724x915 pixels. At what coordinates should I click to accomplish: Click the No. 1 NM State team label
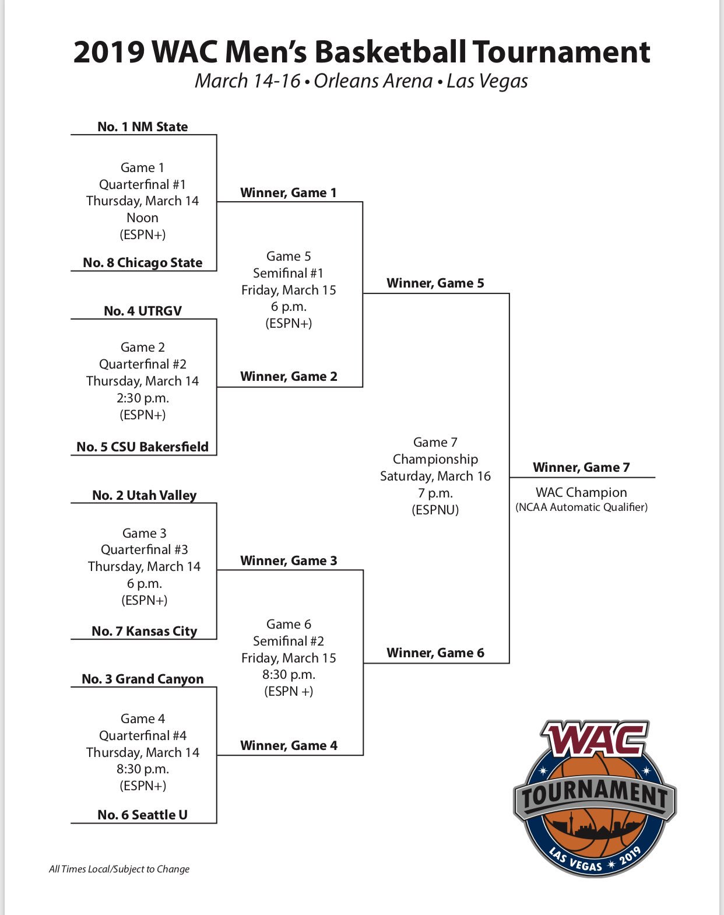click(142, 127)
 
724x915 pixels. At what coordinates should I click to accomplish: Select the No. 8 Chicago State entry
click(142, 262)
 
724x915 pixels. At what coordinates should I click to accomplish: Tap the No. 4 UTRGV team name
click(142, 311)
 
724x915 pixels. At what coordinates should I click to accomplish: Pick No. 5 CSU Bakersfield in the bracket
click(142, 447)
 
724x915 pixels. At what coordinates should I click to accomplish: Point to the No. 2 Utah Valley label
click(144, 495)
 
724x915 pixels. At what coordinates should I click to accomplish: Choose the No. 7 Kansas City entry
click(144, 631)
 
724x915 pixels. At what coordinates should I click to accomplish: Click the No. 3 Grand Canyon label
click(142, 679)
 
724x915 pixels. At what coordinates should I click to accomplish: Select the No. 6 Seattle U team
click(142, 815)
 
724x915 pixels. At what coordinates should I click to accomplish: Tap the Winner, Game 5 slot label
click(435, 283)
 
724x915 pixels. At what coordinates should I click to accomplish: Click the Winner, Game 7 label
click(581, 467)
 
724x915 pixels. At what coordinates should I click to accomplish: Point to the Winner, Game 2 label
click(289, 376)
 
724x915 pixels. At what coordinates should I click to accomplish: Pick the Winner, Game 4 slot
click(289, 745)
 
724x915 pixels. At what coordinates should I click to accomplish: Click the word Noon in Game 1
click(142, 218)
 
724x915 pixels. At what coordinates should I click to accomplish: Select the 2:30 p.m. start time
click(142, 398)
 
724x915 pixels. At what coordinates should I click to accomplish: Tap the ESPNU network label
click(435, 510)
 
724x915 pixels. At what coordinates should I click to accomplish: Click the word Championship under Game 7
click(435, 459)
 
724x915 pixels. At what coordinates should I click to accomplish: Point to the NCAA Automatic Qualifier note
click(581, 507)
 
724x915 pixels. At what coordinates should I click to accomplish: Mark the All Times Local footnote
click(119, 869)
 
